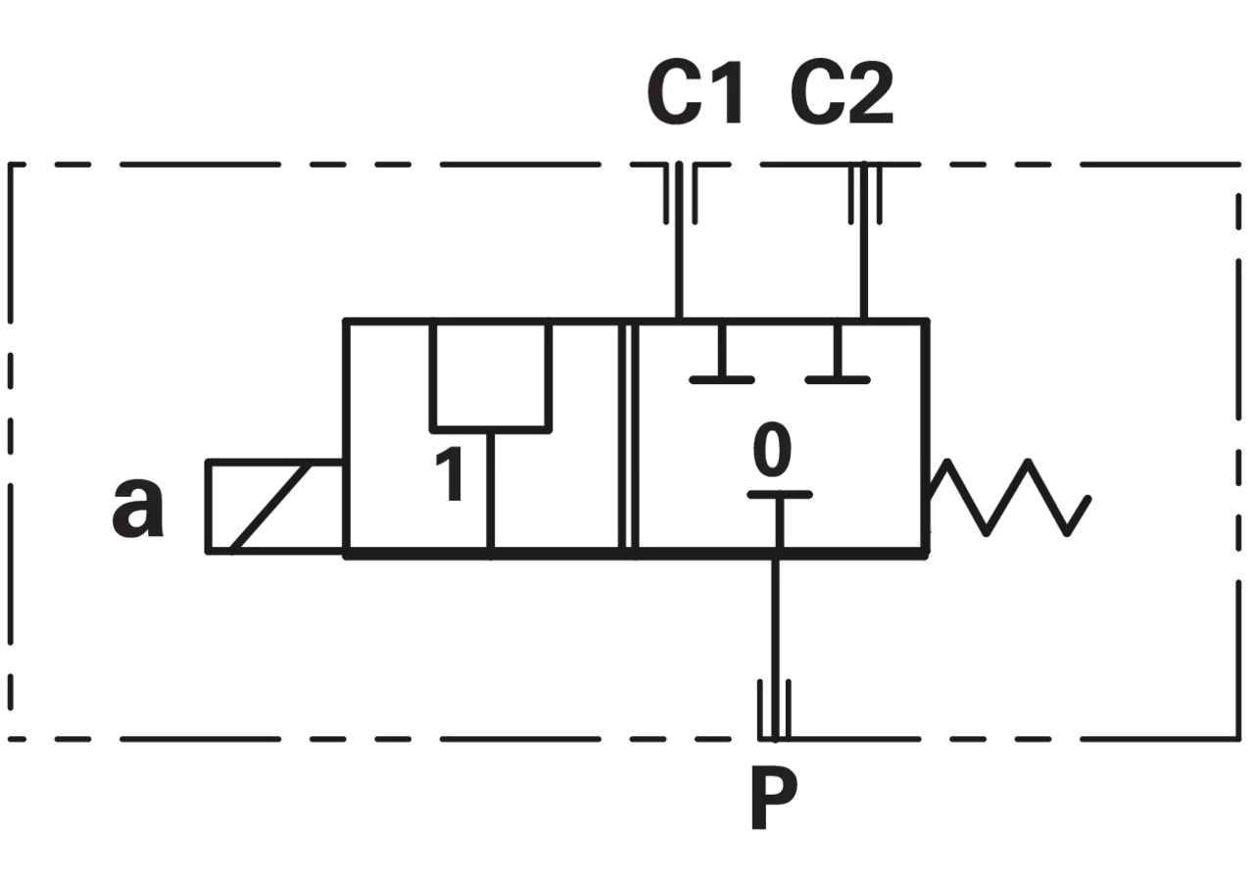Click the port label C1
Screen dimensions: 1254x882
click(x=696, y=92)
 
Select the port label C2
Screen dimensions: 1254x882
click(x=842, y=92)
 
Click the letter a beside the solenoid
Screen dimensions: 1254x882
click(x=138, y=507)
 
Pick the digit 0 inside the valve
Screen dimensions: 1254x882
click(x=772, y=450)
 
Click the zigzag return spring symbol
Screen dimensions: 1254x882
click(x=1008, y=497)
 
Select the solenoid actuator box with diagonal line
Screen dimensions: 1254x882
click(x=275, y=508)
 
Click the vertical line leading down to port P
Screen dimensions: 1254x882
click(x=775, y=650)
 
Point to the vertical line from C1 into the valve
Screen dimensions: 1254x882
click(x=679, y=241)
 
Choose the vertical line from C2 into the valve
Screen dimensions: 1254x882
click(x=864, y=241)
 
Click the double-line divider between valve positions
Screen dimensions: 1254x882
click(x=629, y=437)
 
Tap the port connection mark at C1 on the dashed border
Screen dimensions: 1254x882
click(x=680, y=193)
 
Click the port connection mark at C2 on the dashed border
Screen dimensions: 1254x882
click(x=865, y=193)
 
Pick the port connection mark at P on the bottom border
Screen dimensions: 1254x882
click(x=775, y=710)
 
